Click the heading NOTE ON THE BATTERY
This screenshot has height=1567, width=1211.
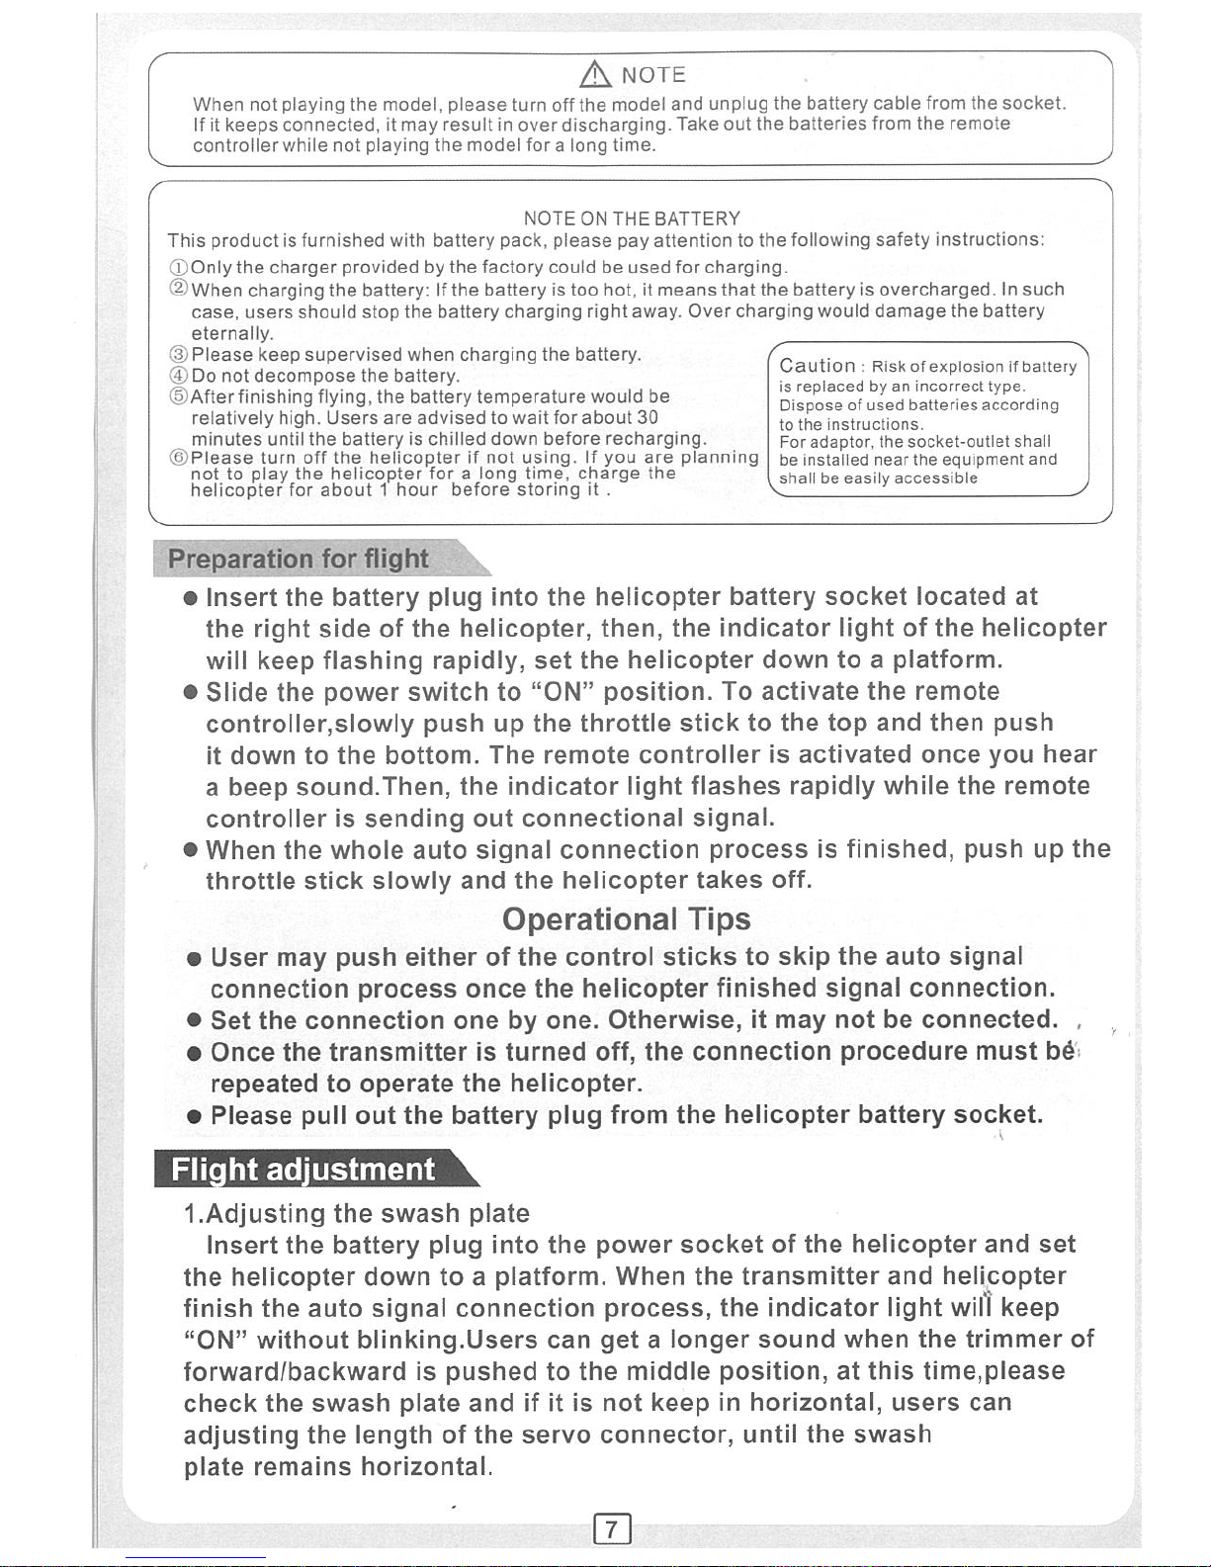632,218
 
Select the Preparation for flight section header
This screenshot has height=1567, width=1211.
299,560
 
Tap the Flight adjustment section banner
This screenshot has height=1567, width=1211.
303,1170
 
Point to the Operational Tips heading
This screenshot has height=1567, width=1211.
626,919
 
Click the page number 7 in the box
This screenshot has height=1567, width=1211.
612,1529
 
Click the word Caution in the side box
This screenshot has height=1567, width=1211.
817,366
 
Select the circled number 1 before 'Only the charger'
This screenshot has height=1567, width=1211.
178,268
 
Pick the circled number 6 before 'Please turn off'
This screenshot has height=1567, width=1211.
178,458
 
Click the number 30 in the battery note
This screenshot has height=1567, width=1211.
648,417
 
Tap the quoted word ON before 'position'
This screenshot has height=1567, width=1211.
562,691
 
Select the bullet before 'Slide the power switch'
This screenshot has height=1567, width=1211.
191,692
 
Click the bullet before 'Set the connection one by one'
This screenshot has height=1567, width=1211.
195,1021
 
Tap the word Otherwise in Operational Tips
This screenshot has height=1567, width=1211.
673,1019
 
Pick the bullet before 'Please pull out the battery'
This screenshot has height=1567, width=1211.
195,1117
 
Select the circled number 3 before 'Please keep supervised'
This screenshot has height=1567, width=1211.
178,355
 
